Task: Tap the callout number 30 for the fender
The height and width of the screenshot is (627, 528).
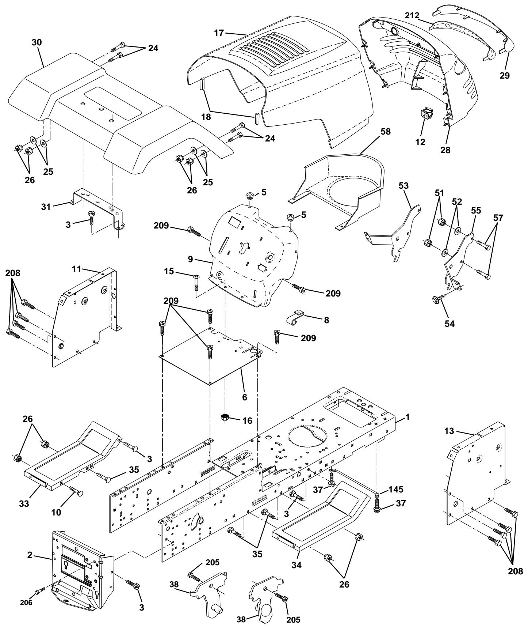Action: click(x=37, y=42)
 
